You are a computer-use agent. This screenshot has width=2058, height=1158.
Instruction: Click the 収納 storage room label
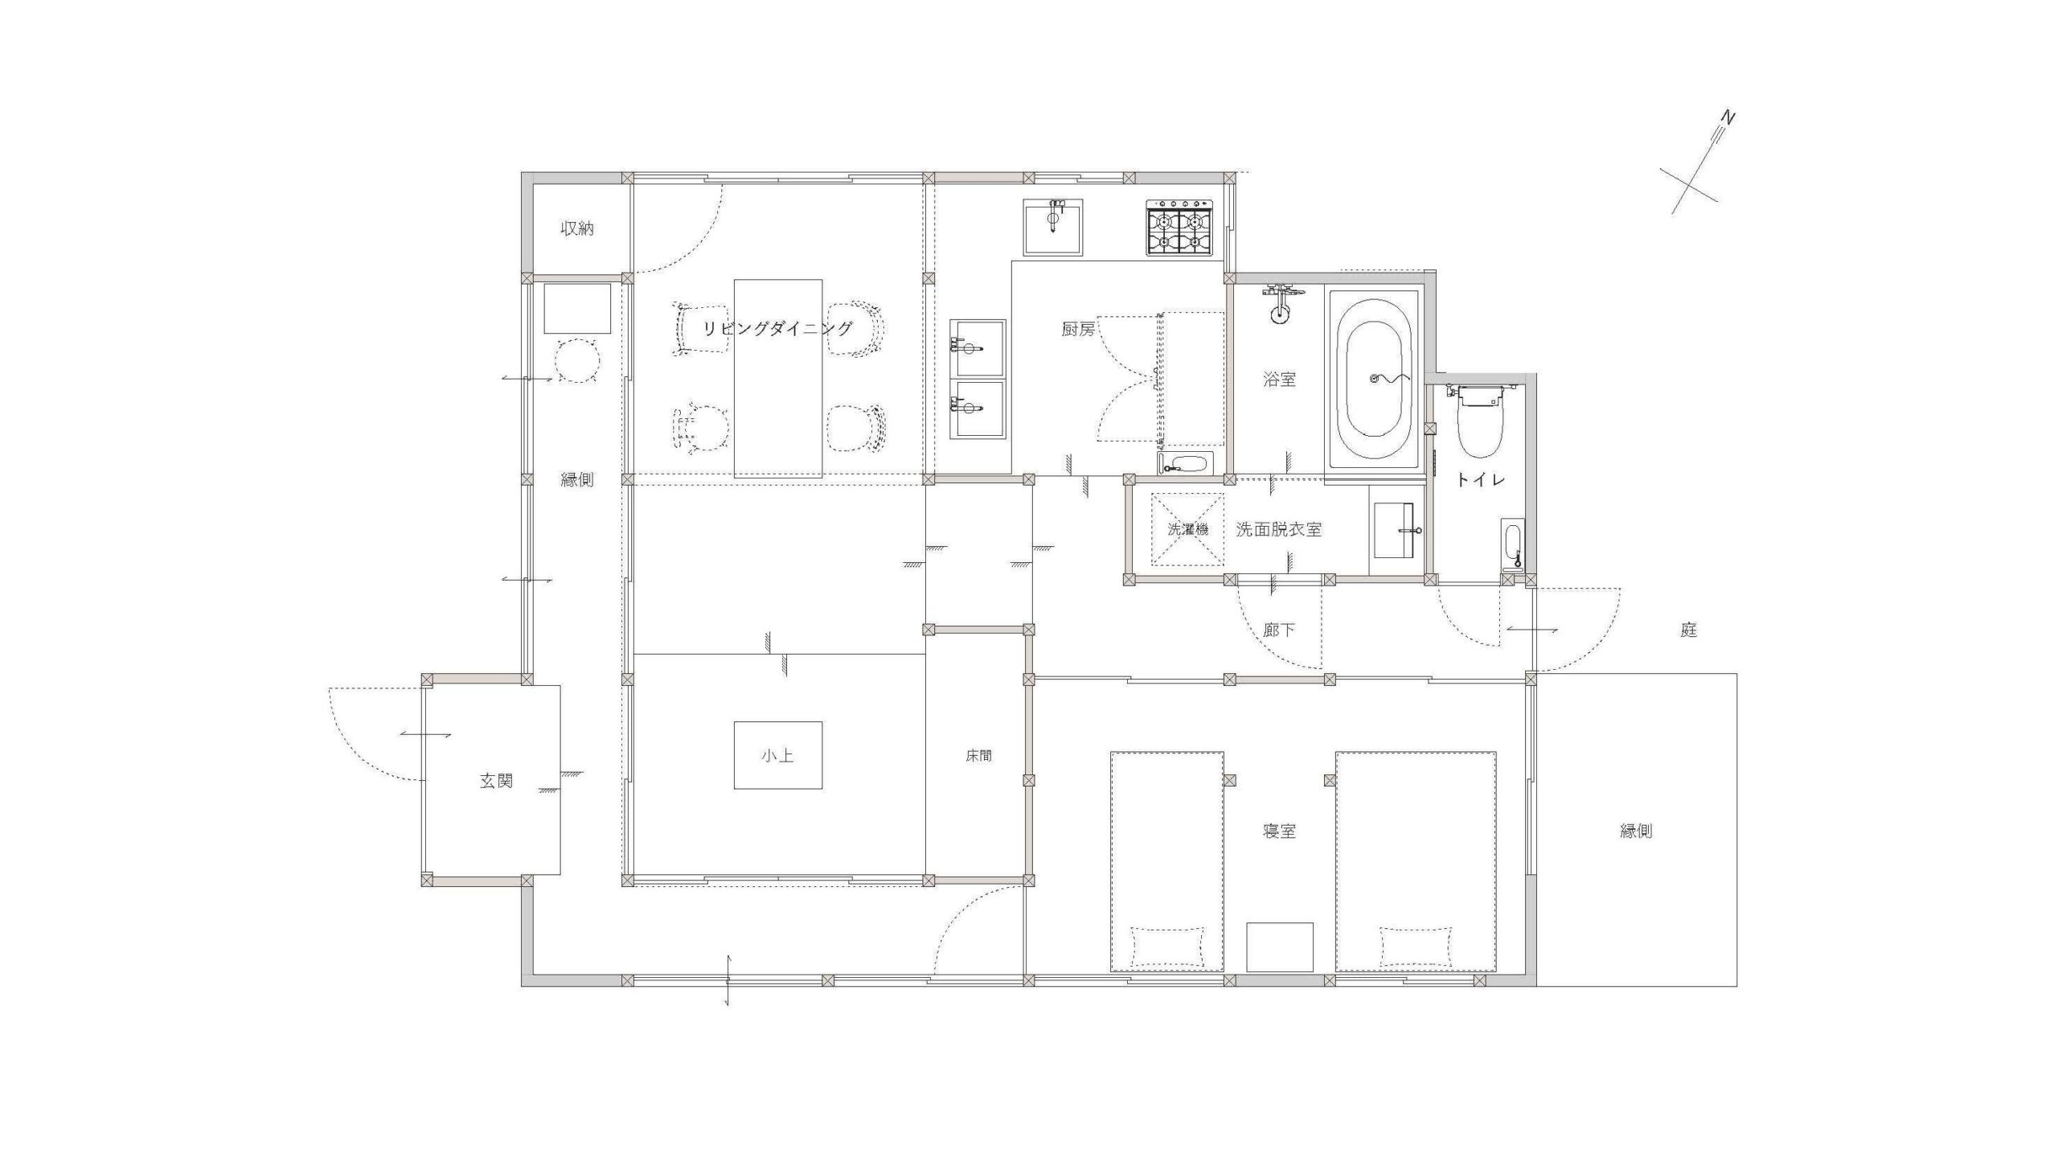[x=577, y=229]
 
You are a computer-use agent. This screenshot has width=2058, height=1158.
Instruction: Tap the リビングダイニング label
[x=777, y=328]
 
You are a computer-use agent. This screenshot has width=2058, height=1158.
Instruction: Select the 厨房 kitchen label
[x=1078, y=329]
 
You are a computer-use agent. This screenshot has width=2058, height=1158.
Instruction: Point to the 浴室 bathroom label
[x=1279, y=380]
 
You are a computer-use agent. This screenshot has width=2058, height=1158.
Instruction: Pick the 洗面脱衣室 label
[x=1278, y=529]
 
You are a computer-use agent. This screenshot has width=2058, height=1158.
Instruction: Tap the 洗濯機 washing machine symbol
[x=1187, y=530]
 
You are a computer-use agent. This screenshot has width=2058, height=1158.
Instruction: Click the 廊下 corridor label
[x=1279, y=630]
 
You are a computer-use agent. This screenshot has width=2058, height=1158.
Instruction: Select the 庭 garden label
[x=1688, y=630]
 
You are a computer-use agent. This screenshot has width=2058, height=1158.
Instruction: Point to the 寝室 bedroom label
[x=1279, y=831]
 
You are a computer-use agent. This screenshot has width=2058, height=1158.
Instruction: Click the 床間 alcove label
[x=978, y=756]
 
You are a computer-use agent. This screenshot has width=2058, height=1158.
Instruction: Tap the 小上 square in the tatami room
[x=777, y=755]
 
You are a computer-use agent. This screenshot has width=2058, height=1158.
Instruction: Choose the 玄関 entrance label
[x=496, y=781]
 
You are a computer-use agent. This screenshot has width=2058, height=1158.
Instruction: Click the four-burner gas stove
[x=1180, y=228]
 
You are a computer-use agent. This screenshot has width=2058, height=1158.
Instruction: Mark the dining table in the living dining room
[x=777, y=379]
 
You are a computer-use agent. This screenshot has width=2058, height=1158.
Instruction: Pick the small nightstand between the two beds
[x=1280, y=947]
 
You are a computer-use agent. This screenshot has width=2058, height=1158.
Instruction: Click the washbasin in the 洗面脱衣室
[x=1396, y=531]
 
